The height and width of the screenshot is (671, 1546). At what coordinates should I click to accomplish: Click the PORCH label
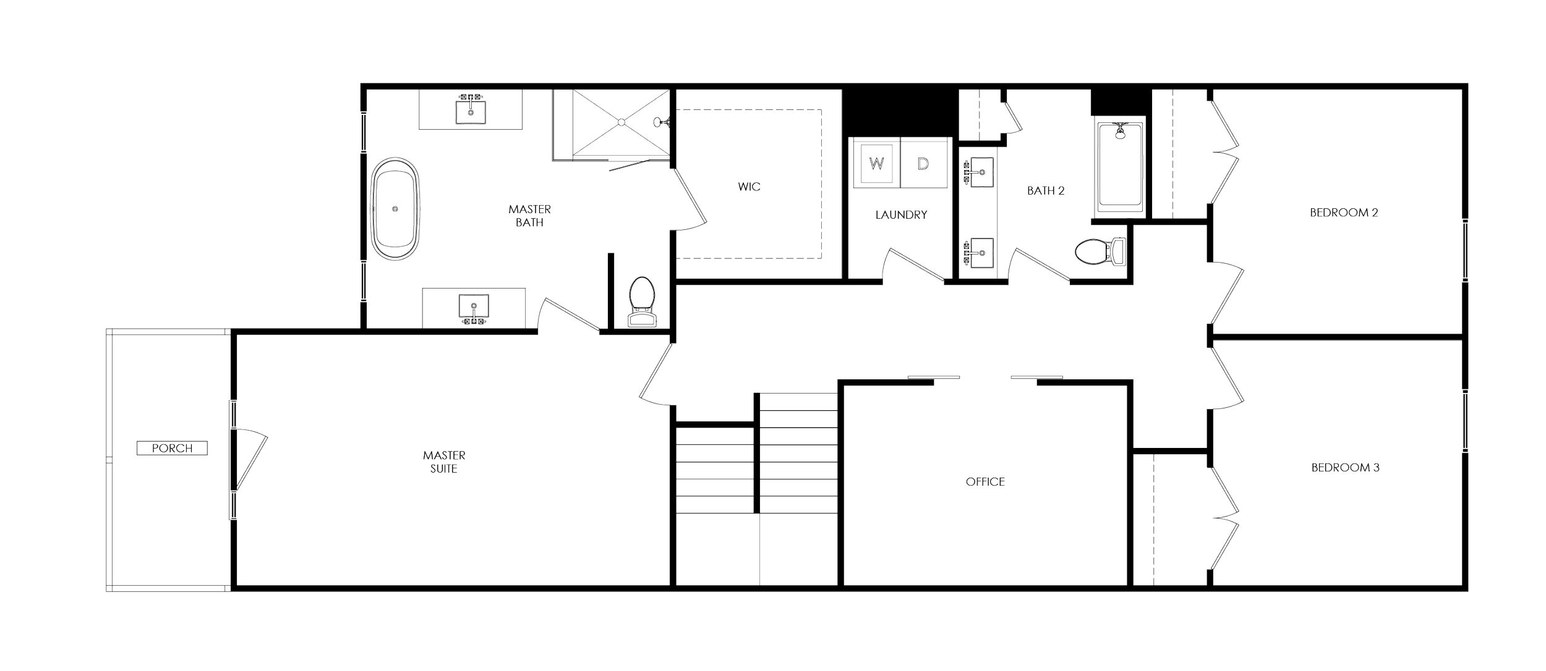173,448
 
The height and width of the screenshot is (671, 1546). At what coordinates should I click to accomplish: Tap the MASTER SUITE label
444,462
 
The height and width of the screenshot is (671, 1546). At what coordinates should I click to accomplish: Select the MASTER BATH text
529,216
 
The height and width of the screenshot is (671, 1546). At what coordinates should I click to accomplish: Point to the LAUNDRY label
902,215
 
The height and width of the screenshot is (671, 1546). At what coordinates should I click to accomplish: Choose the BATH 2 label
1046,190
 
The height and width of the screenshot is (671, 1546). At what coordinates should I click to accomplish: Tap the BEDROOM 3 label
1346,468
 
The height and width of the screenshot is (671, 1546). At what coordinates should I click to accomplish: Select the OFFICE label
985,482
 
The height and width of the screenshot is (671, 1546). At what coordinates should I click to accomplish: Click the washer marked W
876,164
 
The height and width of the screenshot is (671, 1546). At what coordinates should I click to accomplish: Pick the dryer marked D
923,164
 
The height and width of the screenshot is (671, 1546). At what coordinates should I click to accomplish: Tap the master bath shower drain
620,123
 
